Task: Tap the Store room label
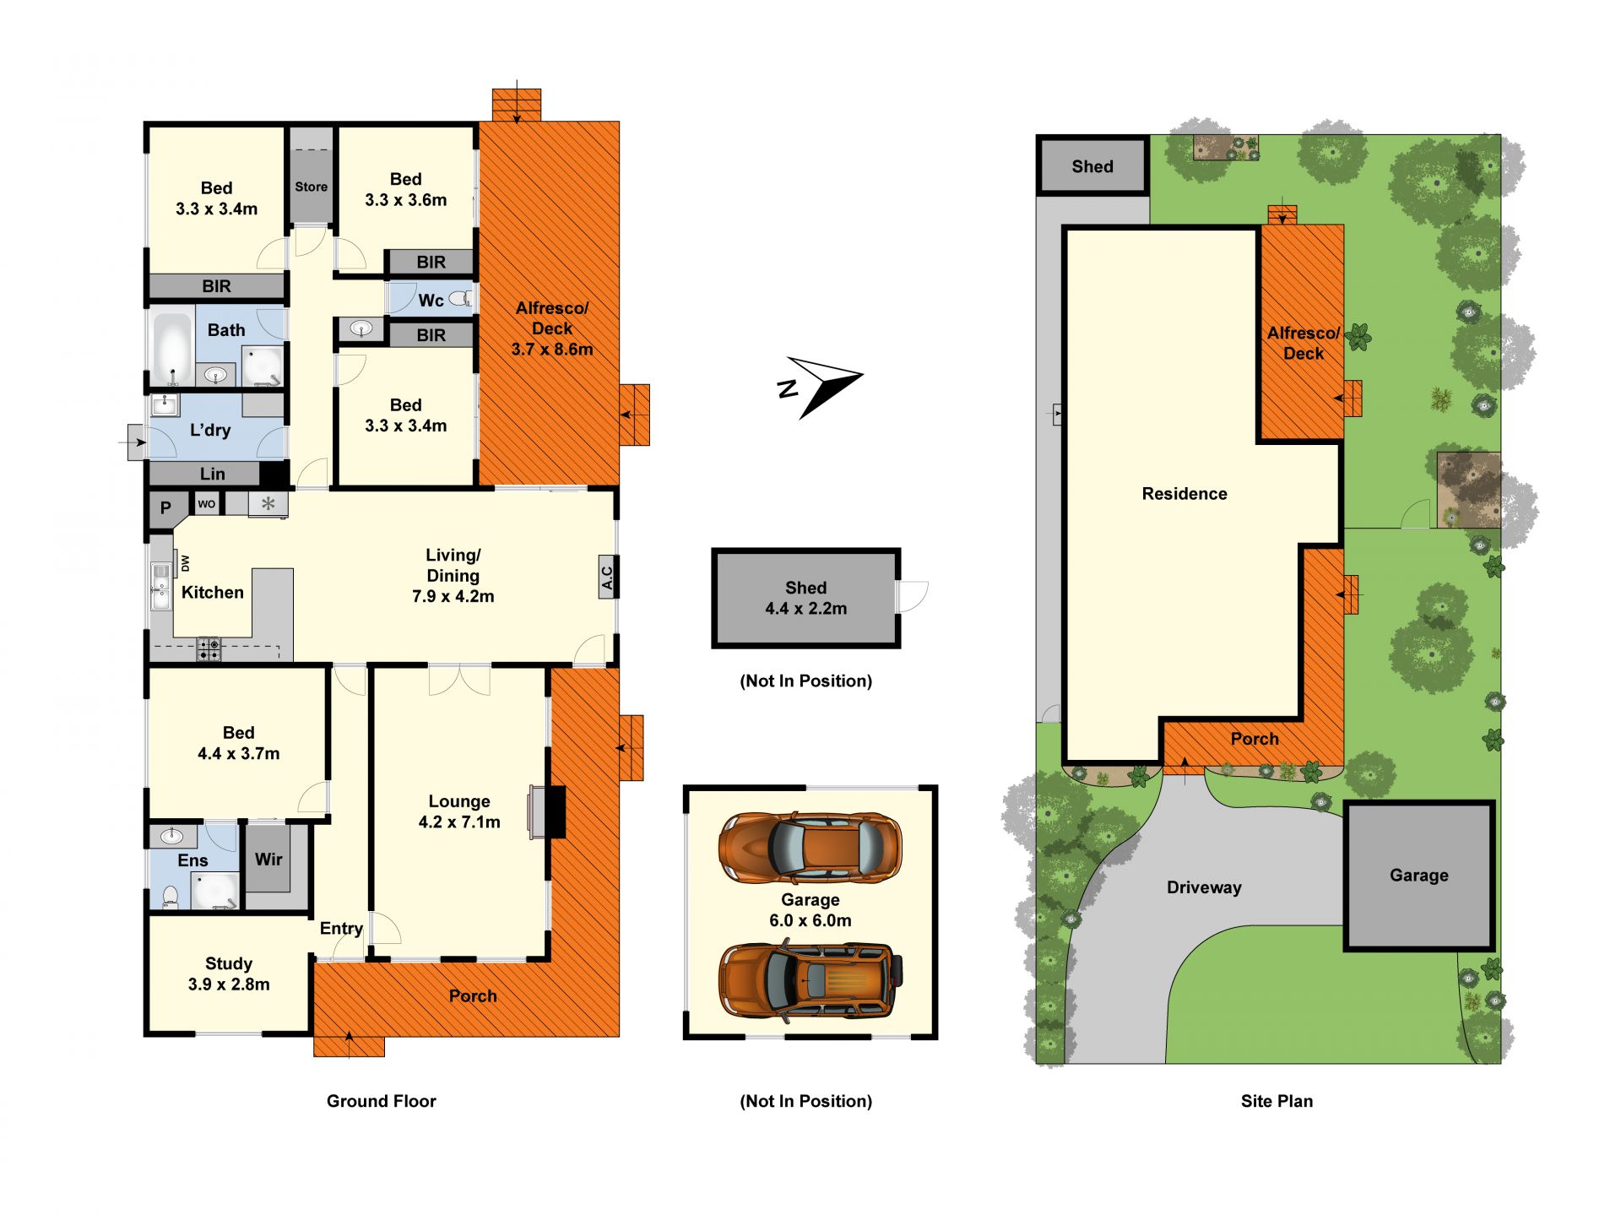(311, 187)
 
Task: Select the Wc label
(431, 300)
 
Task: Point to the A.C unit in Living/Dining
(607, 577)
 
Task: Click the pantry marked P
(165, 508)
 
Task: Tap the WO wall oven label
(207, 504)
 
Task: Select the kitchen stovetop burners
(209, 648)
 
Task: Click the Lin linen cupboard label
(213, 474)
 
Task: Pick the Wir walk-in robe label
(268, 859)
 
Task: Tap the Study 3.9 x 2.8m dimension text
(229, 984)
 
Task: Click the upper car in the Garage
(810, 848)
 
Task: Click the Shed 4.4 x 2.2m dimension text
(806, 609)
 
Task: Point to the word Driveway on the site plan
(1204, 887)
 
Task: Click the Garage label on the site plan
(1419, 876)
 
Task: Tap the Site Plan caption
(1277, 1101)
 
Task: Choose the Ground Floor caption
(382, 1101)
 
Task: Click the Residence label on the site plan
(1185, 494)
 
